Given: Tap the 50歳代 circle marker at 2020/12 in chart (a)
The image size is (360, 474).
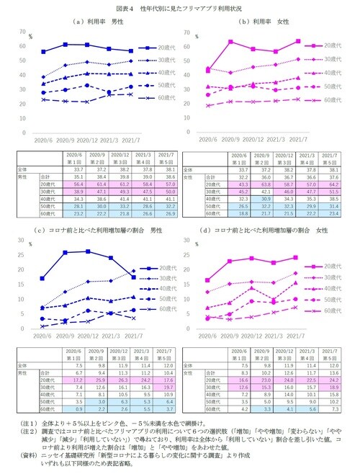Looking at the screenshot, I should point(86,85).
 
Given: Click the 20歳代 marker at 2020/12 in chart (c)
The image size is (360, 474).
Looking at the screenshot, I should point(87,251).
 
